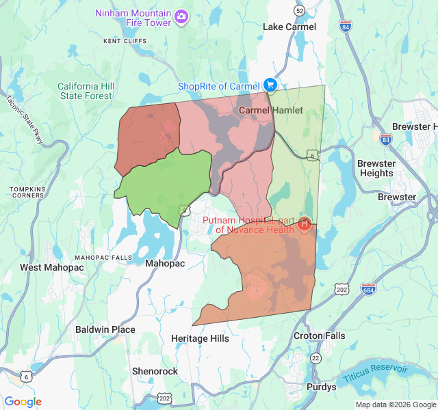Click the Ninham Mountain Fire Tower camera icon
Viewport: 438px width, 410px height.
[181, 16]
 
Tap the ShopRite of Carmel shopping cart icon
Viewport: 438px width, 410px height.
[270, 85]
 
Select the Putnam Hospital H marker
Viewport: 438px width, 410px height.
[305, 224]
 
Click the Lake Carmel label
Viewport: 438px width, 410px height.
[289, 27]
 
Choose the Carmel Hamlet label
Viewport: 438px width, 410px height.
[266, 110]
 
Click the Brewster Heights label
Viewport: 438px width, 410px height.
[376, 168]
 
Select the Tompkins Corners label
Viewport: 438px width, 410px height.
[27, 192]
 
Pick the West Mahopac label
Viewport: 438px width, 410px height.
[51, 267]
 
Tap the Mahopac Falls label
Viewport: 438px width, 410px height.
[103, 257]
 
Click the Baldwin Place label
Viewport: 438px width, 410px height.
[105, 329]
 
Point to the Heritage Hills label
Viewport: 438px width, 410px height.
[200, 338]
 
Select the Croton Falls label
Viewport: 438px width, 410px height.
[319, 336]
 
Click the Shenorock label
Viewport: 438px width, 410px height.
[155, 371]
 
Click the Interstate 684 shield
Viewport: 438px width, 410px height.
[368, 288]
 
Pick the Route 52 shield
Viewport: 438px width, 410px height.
[298, 11]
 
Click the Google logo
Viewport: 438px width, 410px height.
[23, 402]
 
